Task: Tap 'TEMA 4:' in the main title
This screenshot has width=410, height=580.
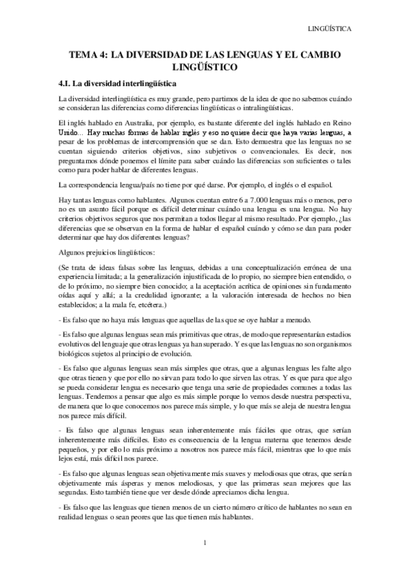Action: point(90,54)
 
